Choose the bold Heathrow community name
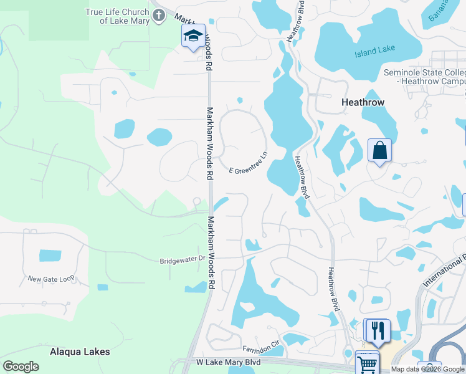pyautogui.click(x=363, y=102)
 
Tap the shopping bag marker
pyautogui.click(x=379, y=150)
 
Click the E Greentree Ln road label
pyautogui.click(x=248, y=161)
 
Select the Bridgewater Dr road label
pyautogui.click(x=183, y=259)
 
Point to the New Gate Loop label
pyautogui.click(x=50, y=279)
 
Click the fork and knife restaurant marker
pyautogui.click(x=378, y=330)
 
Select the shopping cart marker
pyautogui.click(x=367, y=362)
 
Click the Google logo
pyautogui.click(x=21, y=367)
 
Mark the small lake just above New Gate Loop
pyautogui.click(x=50, y=256)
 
